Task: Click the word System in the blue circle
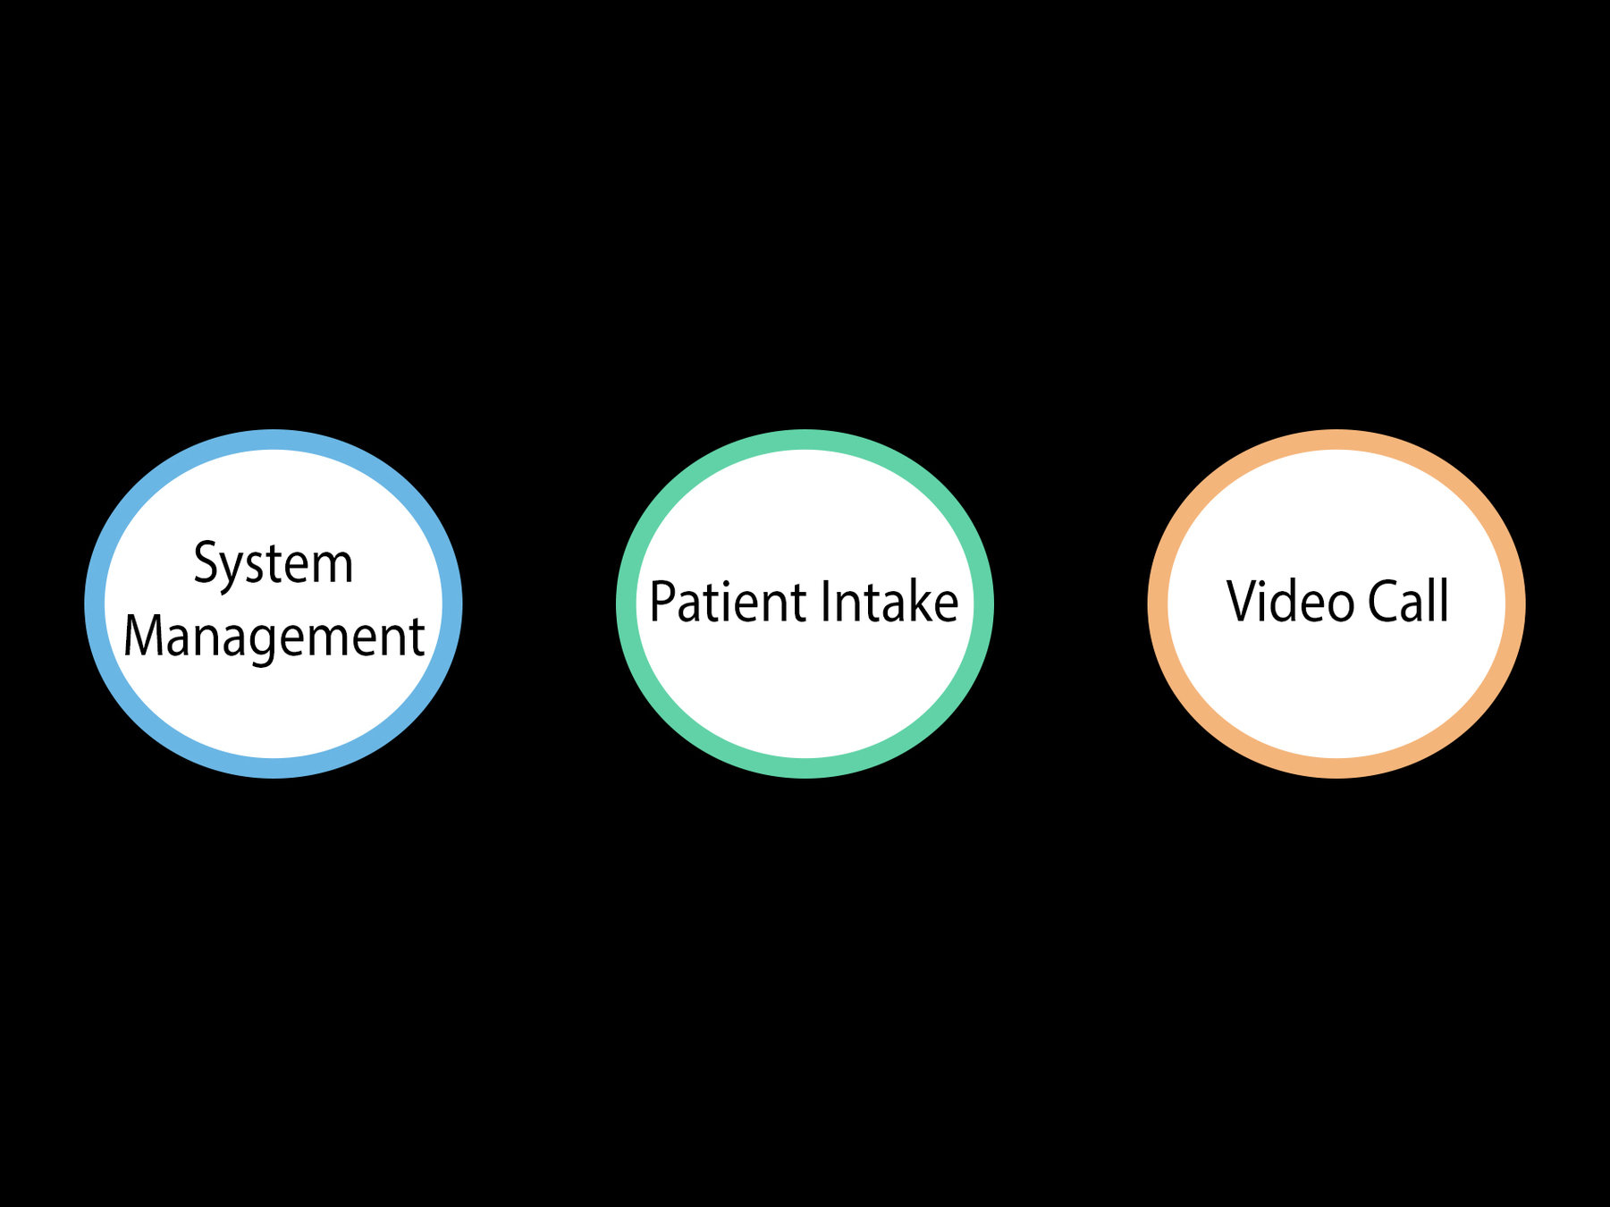(x=274, y=564)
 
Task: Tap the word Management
(x=274, y=637)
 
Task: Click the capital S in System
(x=206, y=563)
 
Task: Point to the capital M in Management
(x=143, y=636)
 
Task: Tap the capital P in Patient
(x=662, y=602)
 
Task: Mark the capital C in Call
(x=1383, y=602)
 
